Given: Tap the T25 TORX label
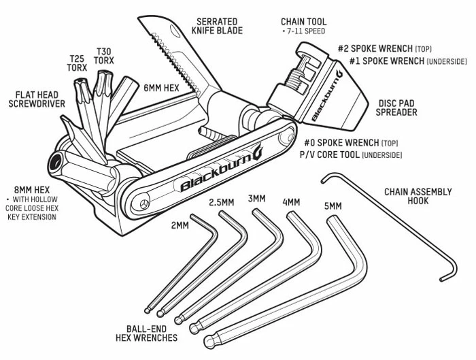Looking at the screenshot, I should click(x=76, y=63).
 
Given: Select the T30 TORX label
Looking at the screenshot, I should click(x=104, y=56).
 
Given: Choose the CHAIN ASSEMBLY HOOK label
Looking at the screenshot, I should click(x=418, y=197).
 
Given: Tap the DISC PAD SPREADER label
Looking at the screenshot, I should click(x=398, y=108).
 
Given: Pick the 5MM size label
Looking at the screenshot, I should click(x=333, y=204).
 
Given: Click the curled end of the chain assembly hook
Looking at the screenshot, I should click(x=446, y=276).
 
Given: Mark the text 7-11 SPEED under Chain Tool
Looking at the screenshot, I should click(x=303, y=32).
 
